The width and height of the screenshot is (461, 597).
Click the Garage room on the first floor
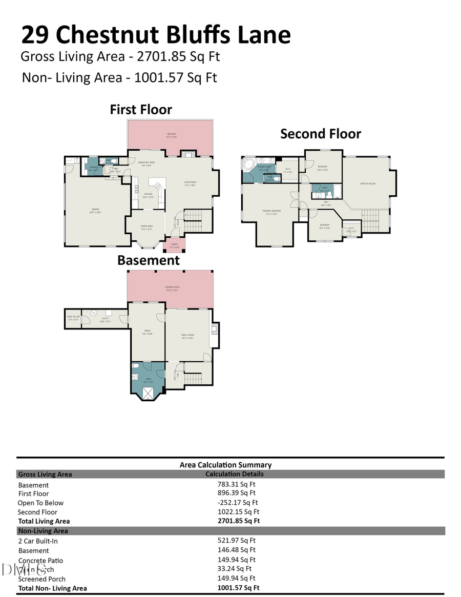click(95, 210)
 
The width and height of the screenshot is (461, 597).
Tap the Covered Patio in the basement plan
click(171, 290)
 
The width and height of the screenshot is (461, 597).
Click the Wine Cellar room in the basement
click(72, 319)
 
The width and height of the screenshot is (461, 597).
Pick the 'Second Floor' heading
click(321, 134)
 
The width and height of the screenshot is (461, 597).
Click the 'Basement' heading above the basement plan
click(149, 260)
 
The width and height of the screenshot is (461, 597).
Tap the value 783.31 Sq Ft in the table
click(236, 484)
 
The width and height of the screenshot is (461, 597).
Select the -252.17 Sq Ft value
click(238, 502)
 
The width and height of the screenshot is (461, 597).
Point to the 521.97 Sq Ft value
click(236, 540)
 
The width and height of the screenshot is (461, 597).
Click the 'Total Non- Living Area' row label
click(52, 588)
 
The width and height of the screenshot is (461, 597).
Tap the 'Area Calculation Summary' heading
click(225, 465)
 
